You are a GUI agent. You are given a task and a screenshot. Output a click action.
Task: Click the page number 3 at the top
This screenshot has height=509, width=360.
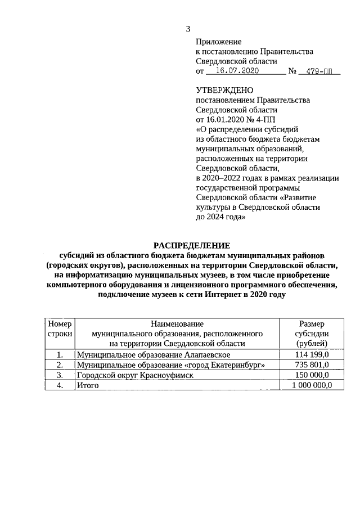point(189,29)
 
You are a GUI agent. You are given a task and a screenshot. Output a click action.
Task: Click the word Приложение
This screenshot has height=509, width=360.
point(218,42)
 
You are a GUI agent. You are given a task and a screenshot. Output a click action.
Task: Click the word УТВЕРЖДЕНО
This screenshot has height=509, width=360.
point(224,90)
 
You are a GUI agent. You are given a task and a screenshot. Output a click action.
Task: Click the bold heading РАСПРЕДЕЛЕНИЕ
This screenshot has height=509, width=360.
point(192,245)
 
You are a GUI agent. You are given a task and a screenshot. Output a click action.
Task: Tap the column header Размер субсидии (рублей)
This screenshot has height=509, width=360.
point(311,334)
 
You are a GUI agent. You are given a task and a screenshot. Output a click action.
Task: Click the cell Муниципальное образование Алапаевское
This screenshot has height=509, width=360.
point(153,355)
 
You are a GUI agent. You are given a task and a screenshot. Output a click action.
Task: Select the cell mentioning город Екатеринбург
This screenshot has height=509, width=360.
point(170,365)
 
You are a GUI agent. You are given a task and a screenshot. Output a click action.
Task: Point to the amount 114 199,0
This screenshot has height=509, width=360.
point(311,355)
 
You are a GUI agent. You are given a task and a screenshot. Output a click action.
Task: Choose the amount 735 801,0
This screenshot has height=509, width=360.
point(311,365)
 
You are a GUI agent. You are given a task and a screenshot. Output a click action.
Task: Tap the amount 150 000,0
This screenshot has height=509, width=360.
point(311,375)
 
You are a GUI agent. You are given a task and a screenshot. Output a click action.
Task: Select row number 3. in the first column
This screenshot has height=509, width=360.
point(60,375)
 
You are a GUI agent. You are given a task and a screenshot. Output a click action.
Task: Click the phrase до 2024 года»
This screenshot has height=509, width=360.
point(221,217)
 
